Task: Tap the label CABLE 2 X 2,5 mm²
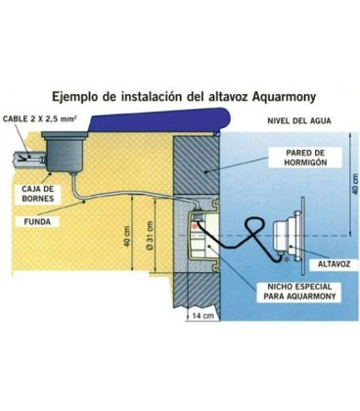[40, 118]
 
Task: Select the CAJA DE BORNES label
[38, 194]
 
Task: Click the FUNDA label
[37, 222]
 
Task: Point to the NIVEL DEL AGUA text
[299, 121]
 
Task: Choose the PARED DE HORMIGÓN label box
[305, 158]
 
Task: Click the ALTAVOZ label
[334, 263]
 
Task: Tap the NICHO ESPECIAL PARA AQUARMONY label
[299, 292]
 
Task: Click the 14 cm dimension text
[202, 315]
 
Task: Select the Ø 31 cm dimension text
[150, 235]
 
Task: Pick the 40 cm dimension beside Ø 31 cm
[127, 236]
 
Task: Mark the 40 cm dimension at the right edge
[355, 184]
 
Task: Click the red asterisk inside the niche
[196, 227]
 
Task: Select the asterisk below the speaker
[287, 259]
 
